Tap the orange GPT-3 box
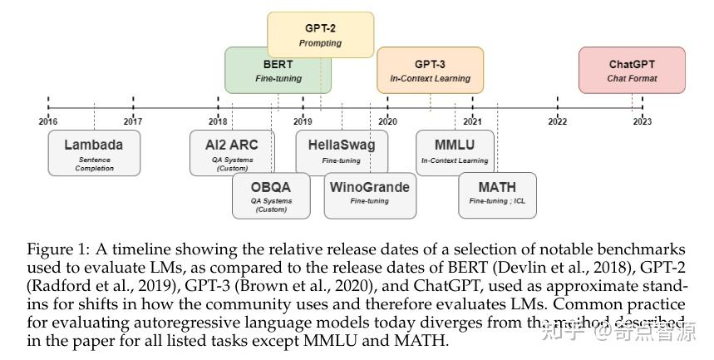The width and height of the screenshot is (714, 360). point(430,70)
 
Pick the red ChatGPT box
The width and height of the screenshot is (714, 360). point(632,70)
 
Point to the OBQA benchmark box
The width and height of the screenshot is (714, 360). point(271,195)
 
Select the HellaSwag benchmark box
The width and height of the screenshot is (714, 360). point(341,151)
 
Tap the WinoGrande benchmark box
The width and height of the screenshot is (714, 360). point(369,195)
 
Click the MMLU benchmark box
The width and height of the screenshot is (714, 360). point(455,151)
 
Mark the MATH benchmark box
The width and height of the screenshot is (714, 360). point(497,195)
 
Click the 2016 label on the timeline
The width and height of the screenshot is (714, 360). point(47,121)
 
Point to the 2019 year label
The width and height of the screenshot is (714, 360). point(303,121)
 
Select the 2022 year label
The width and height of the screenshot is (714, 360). point(557,121)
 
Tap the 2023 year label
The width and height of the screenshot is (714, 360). point(642,121)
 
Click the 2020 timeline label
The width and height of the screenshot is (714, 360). point(387,121)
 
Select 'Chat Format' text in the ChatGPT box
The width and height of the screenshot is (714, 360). point(632,78)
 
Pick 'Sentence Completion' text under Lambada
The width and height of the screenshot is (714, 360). point(94,164)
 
